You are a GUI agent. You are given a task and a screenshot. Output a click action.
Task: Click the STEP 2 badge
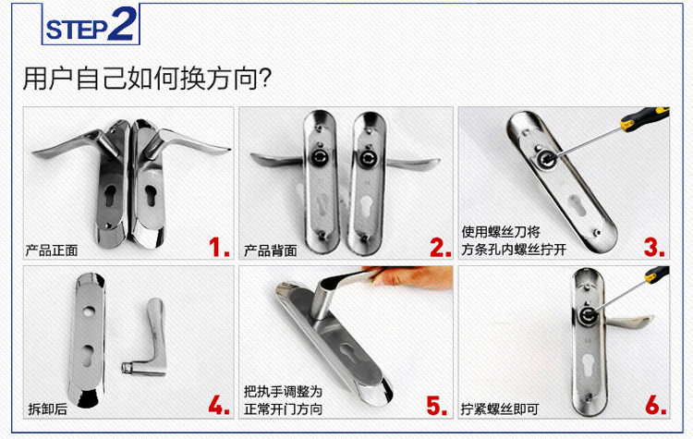coord(91,24)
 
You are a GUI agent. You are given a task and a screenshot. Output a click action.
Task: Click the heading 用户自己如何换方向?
coord(147,79)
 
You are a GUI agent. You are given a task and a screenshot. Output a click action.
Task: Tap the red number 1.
coord(219,247)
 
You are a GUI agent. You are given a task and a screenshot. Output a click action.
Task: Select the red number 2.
coord(440,247)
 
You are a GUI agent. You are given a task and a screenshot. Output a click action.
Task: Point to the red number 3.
coord(654,247)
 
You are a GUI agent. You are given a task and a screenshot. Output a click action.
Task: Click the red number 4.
coord(219,405)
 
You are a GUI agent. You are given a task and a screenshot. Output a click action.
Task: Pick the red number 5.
coord(437,405)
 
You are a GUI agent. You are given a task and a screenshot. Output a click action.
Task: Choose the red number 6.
coord(656,405)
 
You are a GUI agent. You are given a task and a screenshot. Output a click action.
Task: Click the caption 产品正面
coord(52,250)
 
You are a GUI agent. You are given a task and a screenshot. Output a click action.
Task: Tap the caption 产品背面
coord(271,250)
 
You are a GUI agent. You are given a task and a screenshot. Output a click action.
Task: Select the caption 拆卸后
coord(48,409)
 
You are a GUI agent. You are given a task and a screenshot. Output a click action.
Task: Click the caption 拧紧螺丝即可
coord(500,409)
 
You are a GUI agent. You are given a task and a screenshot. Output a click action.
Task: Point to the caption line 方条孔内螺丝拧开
coord(514,250)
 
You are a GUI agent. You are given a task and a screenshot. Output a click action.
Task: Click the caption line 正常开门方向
coord(284,409)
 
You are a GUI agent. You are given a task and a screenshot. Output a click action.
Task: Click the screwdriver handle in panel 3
coord(644,117)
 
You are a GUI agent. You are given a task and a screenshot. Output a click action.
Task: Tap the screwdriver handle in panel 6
coord(657,274)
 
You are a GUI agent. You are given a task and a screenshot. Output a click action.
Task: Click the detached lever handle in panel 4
coord(147,339)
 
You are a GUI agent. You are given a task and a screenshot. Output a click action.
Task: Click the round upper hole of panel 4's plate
coord(87,311)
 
